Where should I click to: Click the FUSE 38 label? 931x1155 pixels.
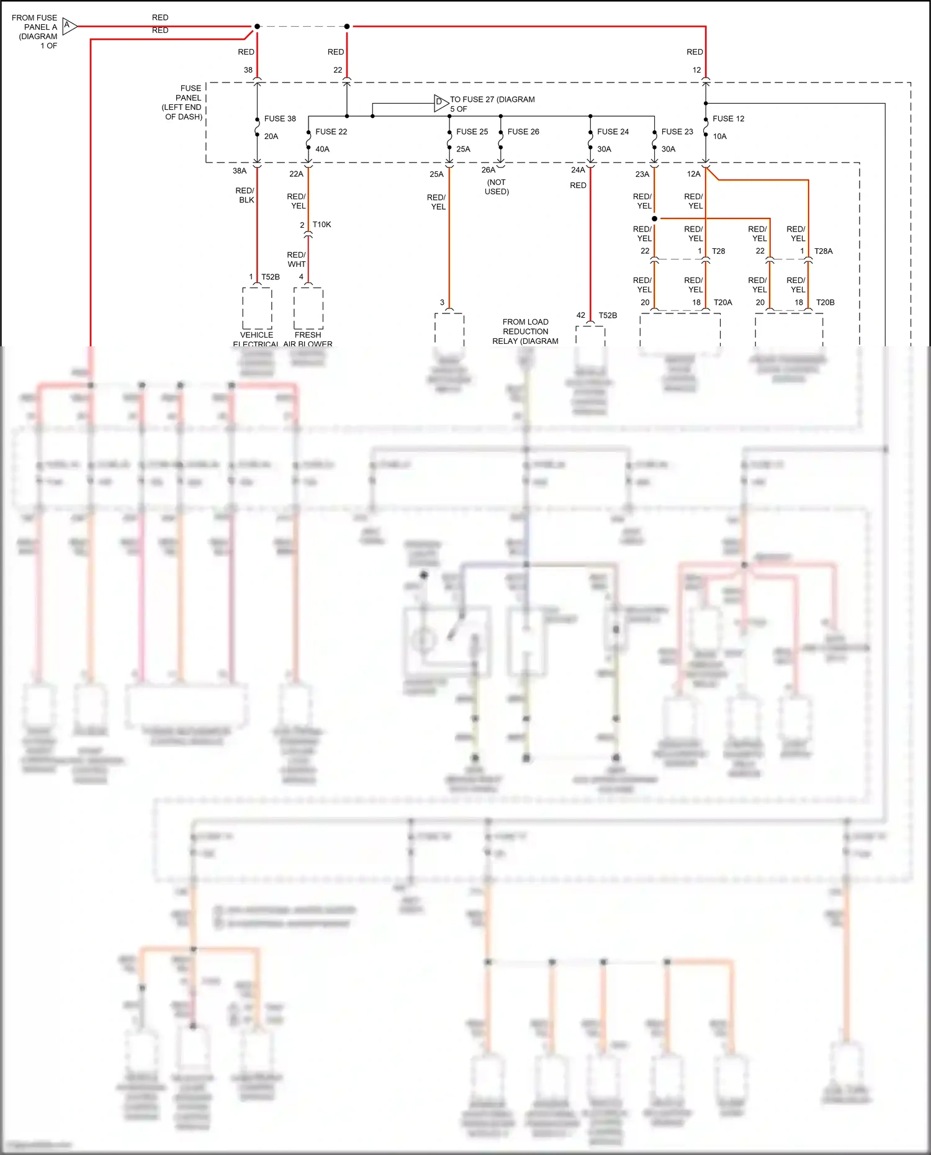coord(280,119)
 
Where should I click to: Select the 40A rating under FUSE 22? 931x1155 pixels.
coord(322,149)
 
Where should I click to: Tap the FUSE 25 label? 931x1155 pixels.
coord(472,132)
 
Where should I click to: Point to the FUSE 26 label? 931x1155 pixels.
coord(523,132)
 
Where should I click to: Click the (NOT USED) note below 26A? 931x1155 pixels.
coord(497,187)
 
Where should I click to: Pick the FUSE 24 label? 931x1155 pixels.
coord(613,132)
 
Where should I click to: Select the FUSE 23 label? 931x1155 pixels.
coord(677,132)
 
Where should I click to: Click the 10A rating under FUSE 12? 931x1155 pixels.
coord(719,137)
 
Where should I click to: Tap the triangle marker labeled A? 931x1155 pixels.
coord(69,26)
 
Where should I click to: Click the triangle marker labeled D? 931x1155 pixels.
coord(440,102)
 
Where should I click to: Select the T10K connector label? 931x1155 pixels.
coord(322,225)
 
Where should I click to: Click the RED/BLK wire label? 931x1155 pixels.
coord(245,195)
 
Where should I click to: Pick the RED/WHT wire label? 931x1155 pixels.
coord(297,259)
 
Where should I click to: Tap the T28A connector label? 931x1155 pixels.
coord(823,251)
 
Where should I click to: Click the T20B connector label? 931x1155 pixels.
coord(825,302)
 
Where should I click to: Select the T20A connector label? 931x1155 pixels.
coord(722,302)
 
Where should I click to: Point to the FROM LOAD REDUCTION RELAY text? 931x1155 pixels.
coord(525,331)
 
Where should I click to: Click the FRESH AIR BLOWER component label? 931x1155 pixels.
coord(308,339)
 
